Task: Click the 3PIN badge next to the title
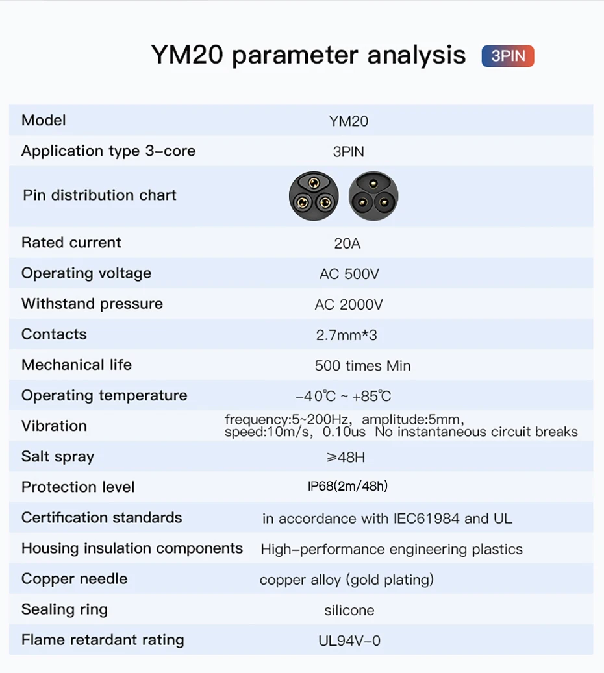pos(508,56)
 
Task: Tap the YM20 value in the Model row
pos(348,121)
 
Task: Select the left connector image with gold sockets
pos(314,196)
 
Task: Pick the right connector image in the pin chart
pos(373,196)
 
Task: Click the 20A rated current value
pos(347,243)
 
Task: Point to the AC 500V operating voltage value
pos(349,274)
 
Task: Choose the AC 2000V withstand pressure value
pos(348,304)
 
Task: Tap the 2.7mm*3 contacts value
pos(346,335)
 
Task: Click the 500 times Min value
pos(362,365)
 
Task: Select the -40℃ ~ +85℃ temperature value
pos(343,396)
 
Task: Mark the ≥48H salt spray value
pos(346,457)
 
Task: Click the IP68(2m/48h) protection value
pos(347,486)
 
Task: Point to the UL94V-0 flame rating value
pos(349,641)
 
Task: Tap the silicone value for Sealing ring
pos(349,610)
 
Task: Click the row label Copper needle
pos(74,579)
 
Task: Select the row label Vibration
pos(54,426)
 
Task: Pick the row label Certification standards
pos(102,518)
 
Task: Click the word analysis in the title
pos(416,55)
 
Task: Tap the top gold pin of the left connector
pos(314,183)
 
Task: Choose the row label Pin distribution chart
pos(99,195)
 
